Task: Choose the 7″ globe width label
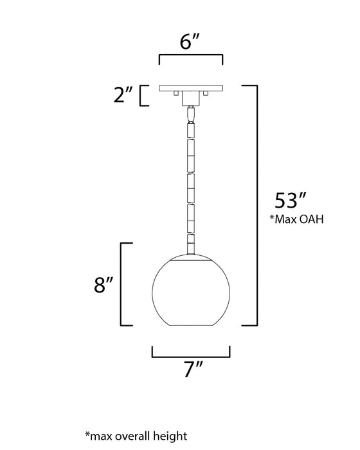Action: (x=191, y=370)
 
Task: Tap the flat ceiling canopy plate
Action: (x=191, y=87)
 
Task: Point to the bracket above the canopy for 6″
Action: (x=190, y=58)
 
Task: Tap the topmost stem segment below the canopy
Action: (x=191, y=114)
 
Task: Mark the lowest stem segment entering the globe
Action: (x=191, y=244)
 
